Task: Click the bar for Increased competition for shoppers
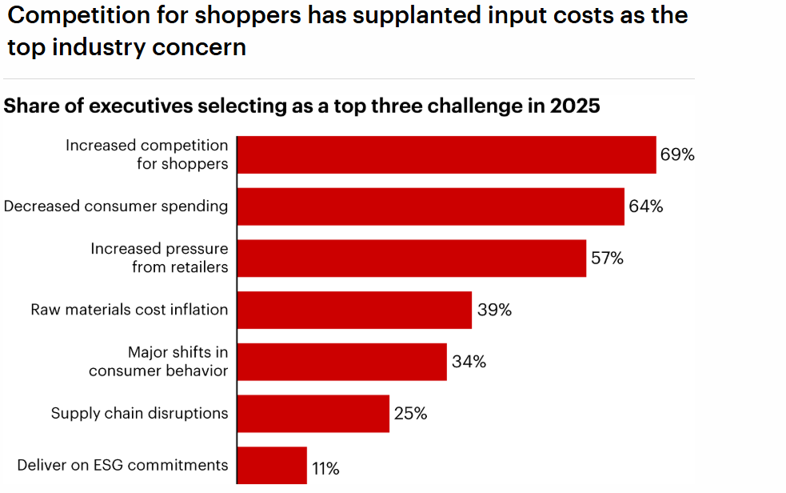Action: coord(446,154)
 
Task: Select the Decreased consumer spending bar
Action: coord(430,206)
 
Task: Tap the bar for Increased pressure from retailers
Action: coord(411,258)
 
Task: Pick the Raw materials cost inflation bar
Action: coord(354,310)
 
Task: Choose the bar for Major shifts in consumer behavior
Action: coord(341,362)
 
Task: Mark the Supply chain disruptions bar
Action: coord(313,414)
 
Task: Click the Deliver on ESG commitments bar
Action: coord(272,466)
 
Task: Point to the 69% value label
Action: coord(677,154)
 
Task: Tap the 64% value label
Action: coord(645,206)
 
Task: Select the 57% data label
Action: coord(606,258)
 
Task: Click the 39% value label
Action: coord(494,310)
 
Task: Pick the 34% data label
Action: coord(469,362)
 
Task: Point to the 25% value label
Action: coord(410,414)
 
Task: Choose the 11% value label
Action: coord(325,469)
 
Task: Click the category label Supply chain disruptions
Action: coord(139,414)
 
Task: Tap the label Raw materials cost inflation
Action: coord(130,310)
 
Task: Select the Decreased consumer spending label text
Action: coord(116,206)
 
